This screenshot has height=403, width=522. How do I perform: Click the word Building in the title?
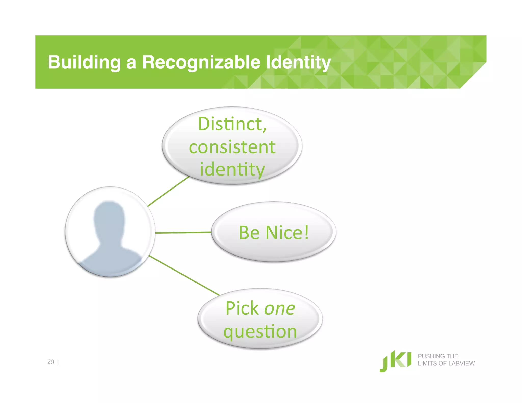coord(84,62)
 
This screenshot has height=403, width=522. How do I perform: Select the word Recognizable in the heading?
coord(201,62)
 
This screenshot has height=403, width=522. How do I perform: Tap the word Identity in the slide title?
coord(298,62)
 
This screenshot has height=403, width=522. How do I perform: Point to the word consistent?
coord(232,147)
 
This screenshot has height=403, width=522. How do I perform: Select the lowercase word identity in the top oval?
coord(232,169)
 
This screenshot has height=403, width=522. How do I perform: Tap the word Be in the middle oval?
coord(249,233)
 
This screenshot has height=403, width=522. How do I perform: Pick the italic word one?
coord(280,308)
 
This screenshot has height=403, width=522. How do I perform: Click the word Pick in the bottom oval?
coord(242,308)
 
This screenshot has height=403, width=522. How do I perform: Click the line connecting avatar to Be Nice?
coord(183,233)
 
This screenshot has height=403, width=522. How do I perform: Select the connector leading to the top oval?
coord(168,191)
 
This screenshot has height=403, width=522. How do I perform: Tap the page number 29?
coord(51,362)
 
